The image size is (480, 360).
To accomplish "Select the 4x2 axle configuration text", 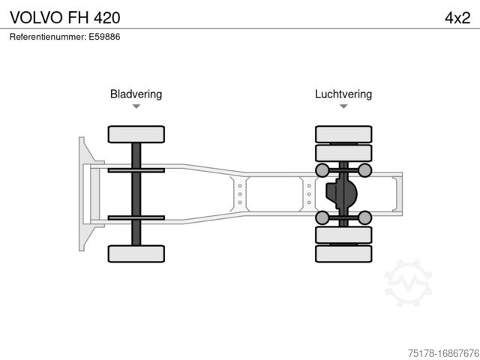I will click(457, 16).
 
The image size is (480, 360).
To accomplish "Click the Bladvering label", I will click(136, 94).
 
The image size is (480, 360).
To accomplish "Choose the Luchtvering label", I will click(343, 94).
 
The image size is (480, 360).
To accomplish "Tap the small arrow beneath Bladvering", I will click(136, 106).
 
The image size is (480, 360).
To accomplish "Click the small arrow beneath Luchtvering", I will click(343, 106).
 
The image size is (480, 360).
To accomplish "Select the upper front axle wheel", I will click(136, 134).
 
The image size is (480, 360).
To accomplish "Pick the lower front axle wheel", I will click(136, 253).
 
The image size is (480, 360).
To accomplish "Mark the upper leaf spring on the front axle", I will click(136, 170).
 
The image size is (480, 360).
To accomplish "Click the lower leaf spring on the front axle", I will click(136, 217).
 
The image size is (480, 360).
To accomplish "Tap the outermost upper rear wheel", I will click(343, 134).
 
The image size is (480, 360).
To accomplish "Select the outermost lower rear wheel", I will click(343, 253).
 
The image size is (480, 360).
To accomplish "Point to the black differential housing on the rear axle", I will click(342, 193).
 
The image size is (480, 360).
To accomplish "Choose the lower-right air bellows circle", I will click(365, 217).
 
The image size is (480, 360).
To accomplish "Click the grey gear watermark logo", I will click(408, 283).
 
